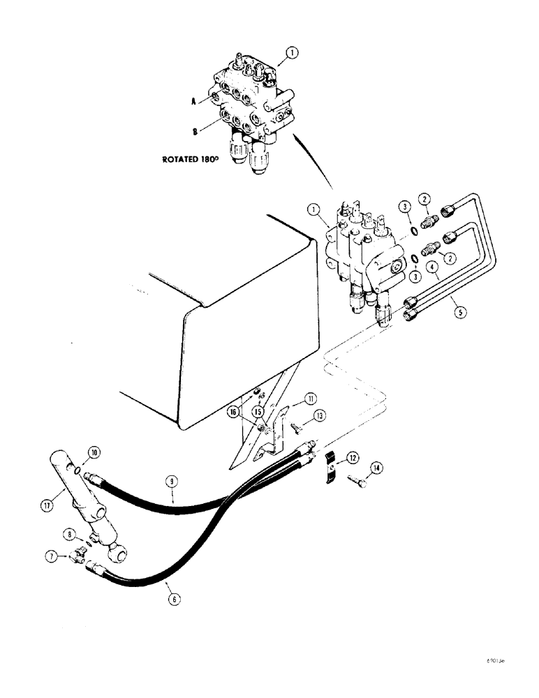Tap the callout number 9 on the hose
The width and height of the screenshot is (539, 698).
click(x=172, y=480)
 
